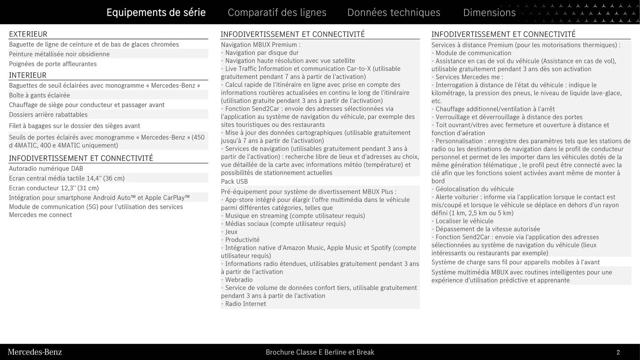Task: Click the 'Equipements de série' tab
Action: click(x=156, y=12)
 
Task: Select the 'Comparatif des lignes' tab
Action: click(x=277, y=12)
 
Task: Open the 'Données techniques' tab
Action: click(x=394, y=12)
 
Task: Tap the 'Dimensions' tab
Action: click(x=489, y=12)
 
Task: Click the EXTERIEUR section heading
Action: click(x=28, y=34)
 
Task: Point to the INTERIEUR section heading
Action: click(x=28, y=75)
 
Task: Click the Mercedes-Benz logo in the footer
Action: click(x=35, y=352)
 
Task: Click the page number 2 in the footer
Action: click(x=618, y=352)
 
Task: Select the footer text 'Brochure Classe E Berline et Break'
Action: click(x=320, y=352)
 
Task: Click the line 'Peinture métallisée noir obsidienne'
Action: click(x=59, y=54)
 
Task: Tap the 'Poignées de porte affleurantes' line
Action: click(x=53, y=64)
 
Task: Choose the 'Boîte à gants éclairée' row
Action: click(x=39, y=95)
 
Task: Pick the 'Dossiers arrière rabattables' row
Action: click(x=48, y=114)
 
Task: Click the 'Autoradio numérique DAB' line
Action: click(x=46, y=168)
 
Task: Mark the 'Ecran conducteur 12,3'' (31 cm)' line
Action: click(x=54, y=188)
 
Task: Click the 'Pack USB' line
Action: click(x=234, y=181)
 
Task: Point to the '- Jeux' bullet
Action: click(x=229, y=232)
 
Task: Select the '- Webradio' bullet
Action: click(x=237, y=280)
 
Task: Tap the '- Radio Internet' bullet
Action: click(x=243, y=304)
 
